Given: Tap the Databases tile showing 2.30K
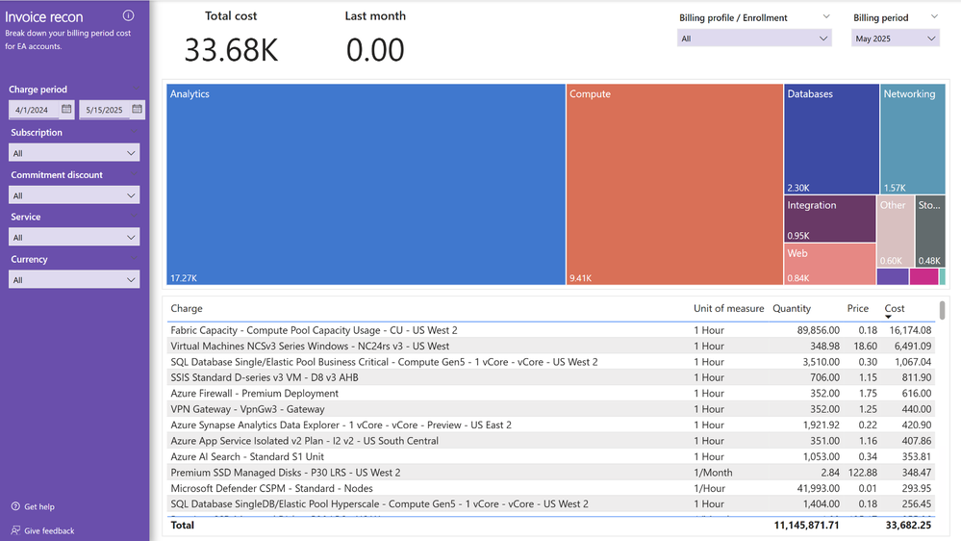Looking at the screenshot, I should point(831,140).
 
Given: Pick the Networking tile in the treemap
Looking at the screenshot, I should point(912,140).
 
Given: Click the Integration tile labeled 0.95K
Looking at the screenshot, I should point(829,219).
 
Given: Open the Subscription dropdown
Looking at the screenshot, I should point(74,153).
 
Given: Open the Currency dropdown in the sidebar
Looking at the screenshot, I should point(74,280).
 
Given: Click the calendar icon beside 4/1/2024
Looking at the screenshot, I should point(66,110).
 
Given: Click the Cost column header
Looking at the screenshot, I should point(895,309).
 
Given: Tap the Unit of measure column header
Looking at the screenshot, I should point(728,309).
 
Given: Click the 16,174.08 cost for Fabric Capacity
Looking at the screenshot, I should point(909,330).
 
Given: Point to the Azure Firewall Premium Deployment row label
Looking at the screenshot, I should point(254,394).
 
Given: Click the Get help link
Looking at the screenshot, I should point(38,507).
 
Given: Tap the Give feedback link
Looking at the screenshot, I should point(48,530).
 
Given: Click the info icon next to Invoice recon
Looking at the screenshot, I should point(128,16).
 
